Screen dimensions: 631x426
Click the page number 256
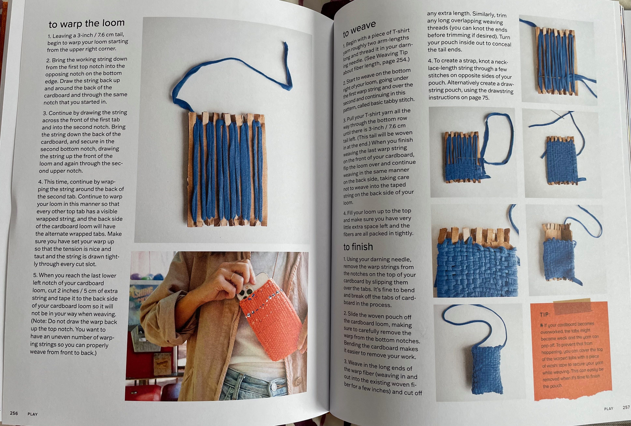(x=14, y=413)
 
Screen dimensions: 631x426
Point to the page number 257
(x=626, y=407)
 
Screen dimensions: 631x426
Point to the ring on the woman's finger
(x=233, y=277)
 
